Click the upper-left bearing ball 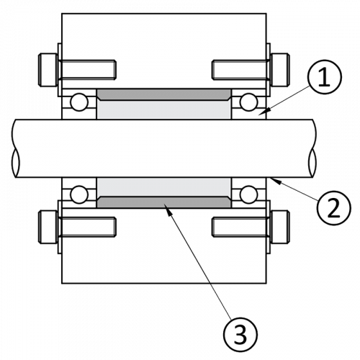[x=78, y=102]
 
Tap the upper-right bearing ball [x=248, y=102]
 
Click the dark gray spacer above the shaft [x=163, y=94]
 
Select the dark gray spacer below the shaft [x=163, y=202]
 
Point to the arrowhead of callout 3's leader [x=168, y=207]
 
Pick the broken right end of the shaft [x=312, y=148]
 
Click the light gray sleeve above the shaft [x=163, y=109]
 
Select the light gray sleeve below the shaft [x=163, y=187]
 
